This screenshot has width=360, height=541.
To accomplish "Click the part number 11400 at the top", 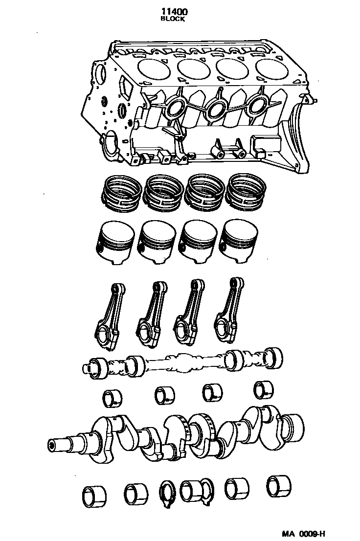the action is tap(173, 12).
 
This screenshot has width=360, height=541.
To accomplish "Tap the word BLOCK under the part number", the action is tap(173, 20).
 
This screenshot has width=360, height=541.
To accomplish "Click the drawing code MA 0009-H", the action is tap(303, 534).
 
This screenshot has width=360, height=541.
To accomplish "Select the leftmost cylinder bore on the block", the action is tap(155, 68).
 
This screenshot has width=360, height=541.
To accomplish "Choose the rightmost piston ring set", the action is tap(248, 190).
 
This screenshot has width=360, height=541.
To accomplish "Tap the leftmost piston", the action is tap(114, 243).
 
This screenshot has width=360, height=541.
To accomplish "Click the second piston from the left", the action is tap(157, 242).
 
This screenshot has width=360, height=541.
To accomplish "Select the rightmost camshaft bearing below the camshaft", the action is tap(263, 389).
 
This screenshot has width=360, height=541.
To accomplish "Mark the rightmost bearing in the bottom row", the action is tap(279, 485).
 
